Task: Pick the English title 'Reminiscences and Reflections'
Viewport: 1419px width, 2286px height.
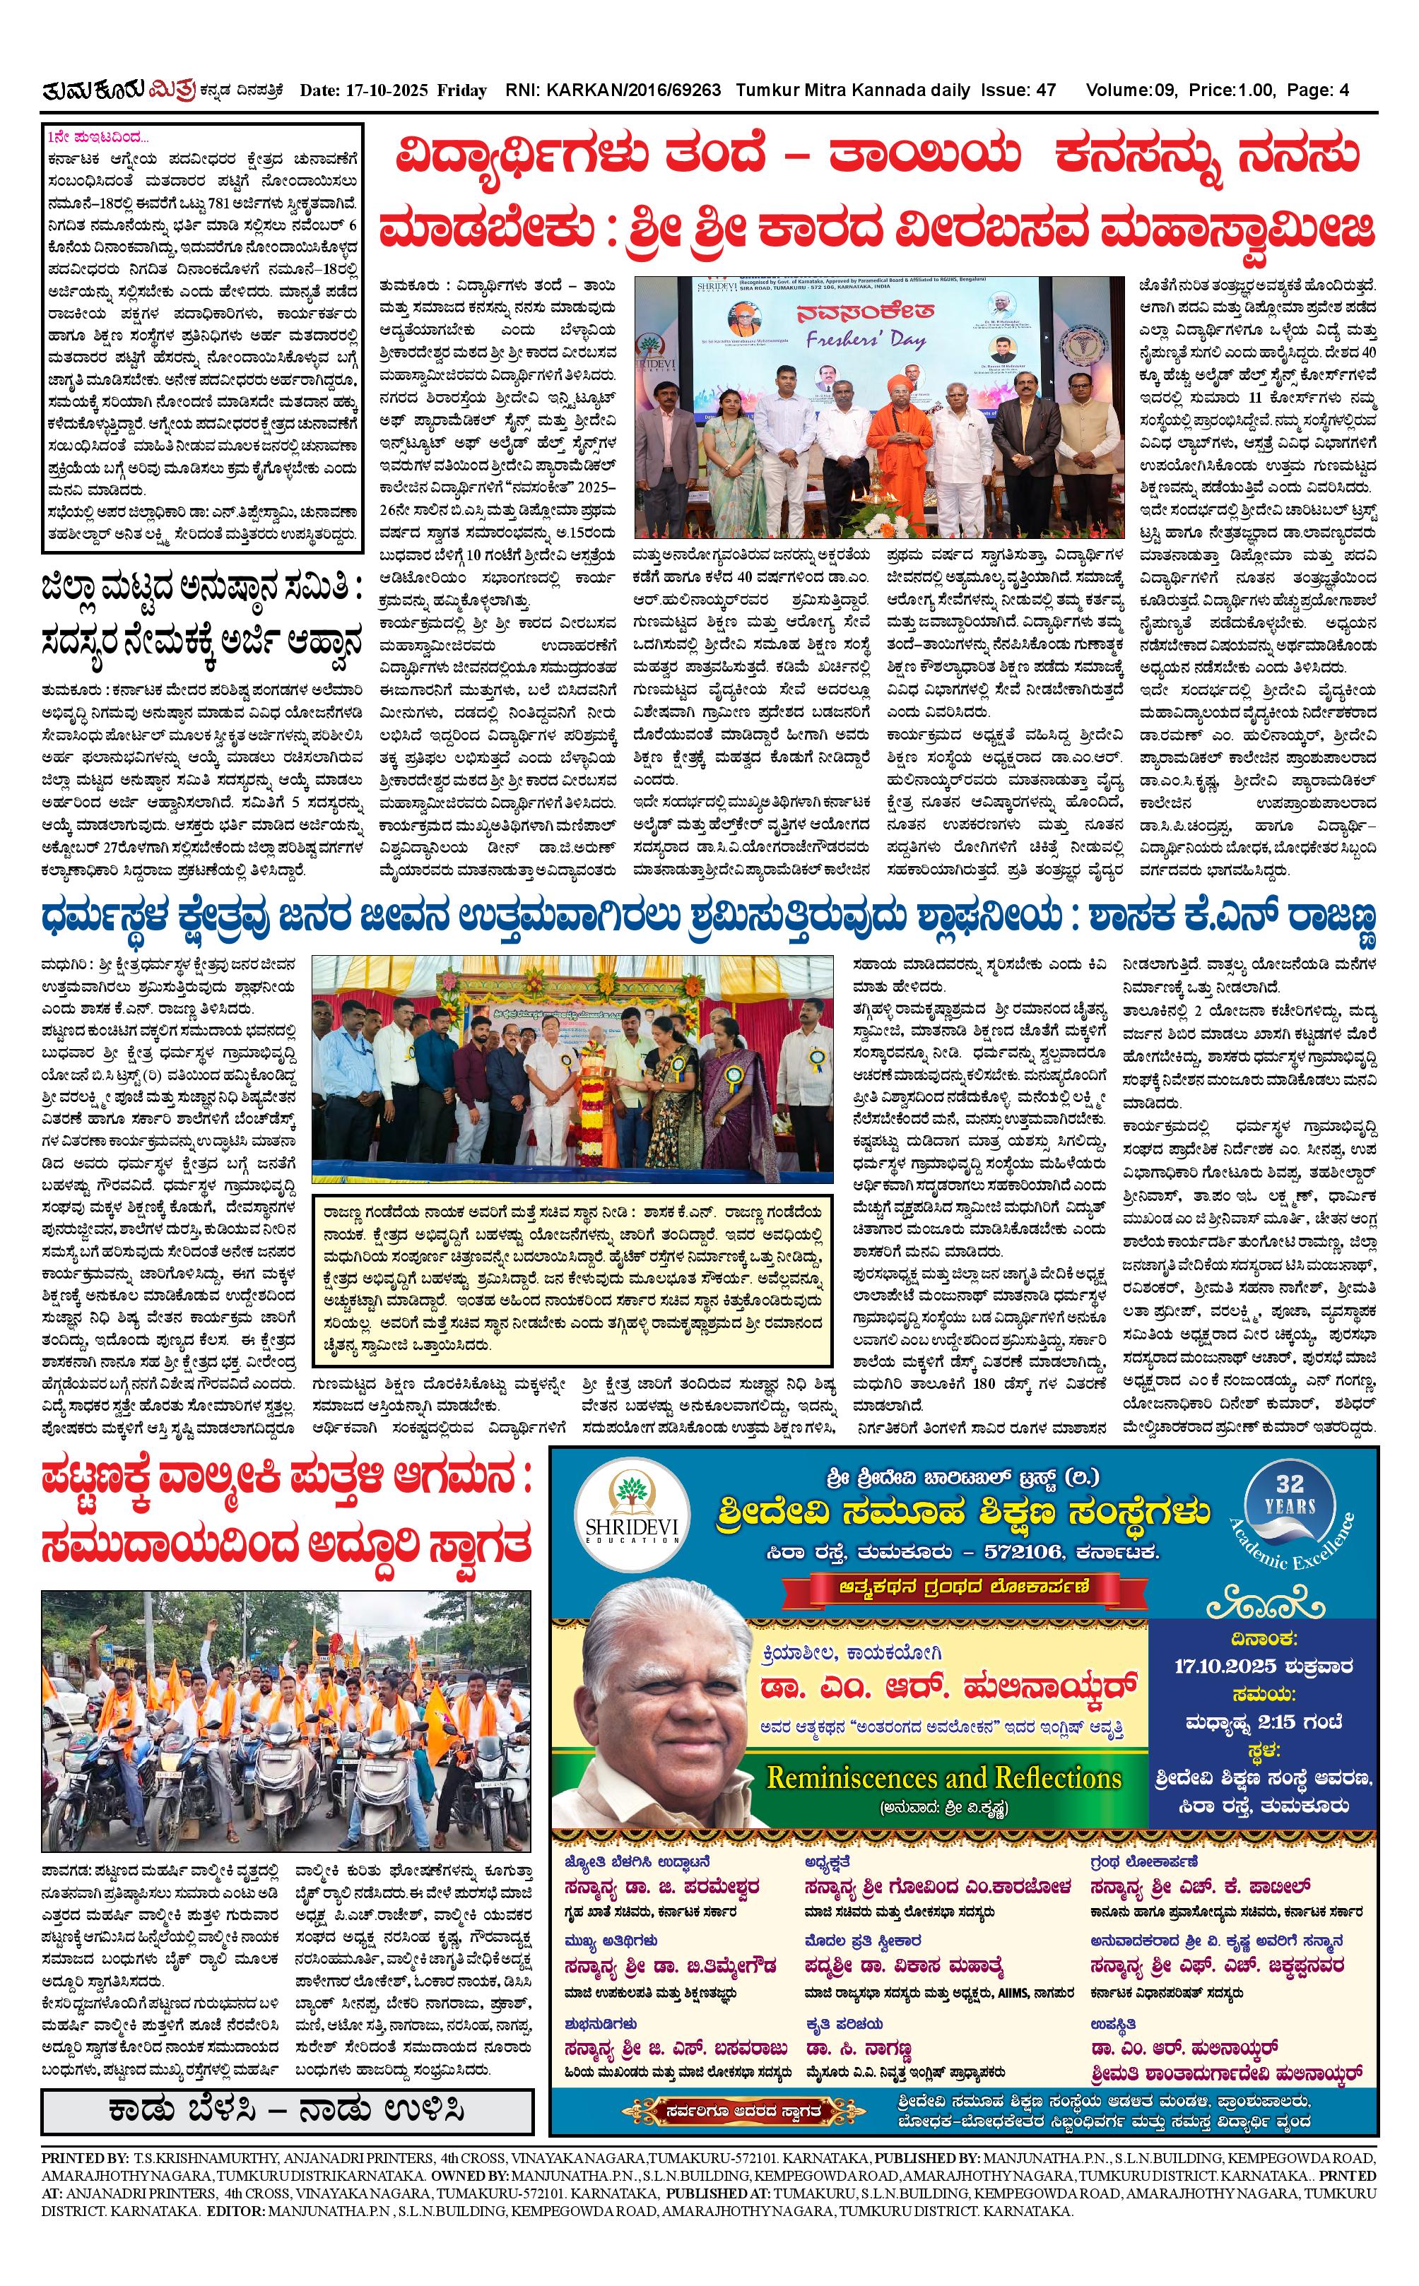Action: [x=944, y=1777]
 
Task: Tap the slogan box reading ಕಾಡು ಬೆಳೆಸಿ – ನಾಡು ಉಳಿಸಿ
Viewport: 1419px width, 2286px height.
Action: [x=287, y=2112]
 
